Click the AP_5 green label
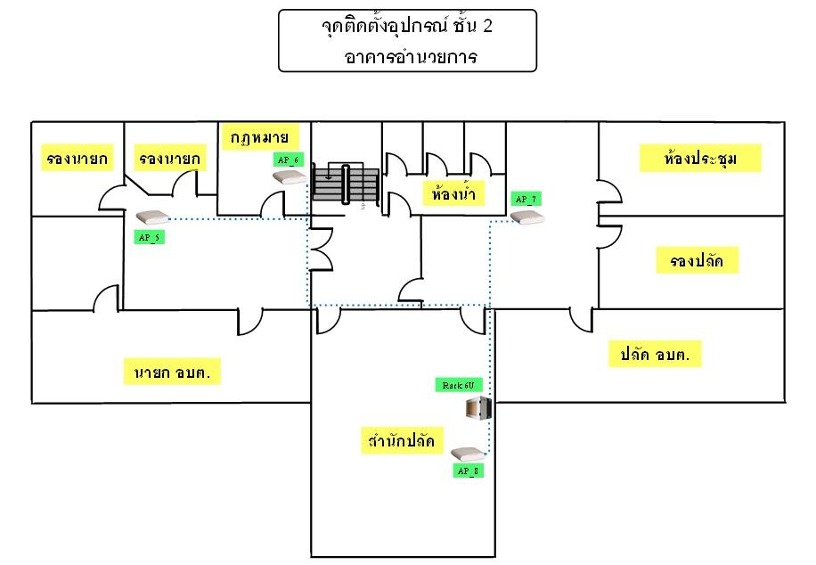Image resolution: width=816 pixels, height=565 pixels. click(150, 237)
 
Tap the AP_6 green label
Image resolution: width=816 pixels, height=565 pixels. click(289, 160)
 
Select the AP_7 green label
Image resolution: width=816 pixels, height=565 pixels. click(526, 199)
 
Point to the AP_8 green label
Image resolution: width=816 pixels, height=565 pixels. click(468, 471)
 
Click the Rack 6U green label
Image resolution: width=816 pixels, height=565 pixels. click(459, 385)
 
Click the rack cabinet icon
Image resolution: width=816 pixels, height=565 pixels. click(478, 408)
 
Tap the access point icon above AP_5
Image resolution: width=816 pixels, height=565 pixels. click(152, 217)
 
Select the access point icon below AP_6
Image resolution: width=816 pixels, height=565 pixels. click(290, 177)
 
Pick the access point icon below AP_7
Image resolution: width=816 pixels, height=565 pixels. click(527, 217)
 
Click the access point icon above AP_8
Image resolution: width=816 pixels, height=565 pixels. click(468, 454)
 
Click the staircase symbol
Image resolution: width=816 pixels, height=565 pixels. click(346, 184)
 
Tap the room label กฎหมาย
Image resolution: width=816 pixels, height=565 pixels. click(260, 137)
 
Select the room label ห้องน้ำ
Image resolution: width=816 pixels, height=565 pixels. click(453, 193)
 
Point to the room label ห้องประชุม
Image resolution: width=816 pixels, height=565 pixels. click(700, 159)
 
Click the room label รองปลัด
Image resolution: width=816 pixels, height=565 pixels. click(697, 260)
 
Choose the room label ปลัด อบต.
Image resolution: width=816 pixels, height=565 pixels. click(655, 354)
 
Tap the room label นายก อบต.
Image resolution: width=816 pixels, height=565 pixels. click(172, 372)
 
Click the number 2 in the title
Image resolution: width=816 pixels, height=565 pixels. click(487, 26)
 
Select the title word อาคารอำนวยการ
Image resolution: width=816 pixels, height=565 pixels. click(411, 56)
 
